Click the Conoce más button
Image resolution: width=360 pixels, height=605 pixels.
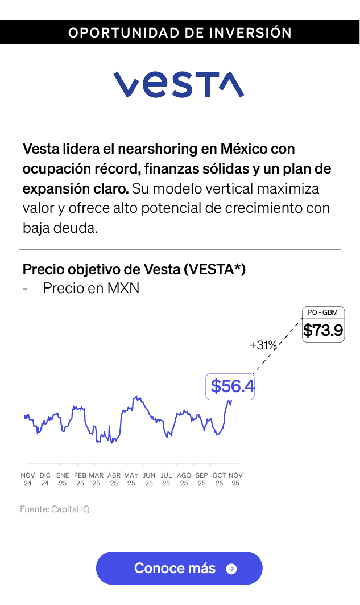tap(179, 568)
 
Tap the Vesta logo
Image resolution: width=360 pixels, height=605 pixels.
tap(179, 85)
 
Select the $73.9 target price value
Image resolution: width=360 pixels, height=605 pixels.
tap(323, 330)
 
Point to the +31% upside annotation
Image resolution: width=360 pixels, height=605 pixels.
tap(263, 345)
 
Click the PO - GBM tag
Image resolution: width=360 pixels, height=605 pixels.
tap(322, 312)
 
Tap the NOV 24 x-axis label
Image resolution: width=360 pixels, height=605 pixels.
tap(28, 479)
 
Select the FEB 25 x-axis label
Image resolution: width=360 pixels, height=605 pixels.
tap(80, 479)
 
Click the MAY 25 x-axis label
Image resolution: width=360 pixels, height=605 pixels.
tap(131, 479)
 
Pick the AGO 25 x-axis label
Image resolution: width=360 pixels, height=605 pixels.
tap(184, 479)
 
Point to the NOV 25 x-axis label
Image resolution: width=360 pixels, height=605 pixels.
tap(235, 479)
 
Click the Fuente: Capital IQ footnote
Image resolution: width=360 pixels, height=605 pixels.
tap(55, 509)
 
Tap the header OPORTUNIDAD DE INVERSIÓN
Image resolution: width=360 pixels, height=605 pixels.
tap(180, 33)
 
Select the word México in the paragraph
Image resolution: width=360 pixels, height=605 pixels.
tap(245, 150)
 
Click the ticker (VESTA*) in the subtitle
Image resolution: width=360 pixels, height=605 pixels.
tap(214, 269)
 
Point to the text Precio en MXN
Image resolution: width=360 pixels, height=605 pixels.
tap(91, 288)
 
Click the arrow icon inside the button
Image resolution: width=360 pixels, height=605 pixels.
tap(231, 569)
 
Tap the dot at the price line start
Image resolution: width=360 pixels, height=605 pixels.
tap(26, 417)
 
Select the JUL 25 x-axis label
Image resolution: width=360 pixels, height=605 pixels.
tap(166, 479)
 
